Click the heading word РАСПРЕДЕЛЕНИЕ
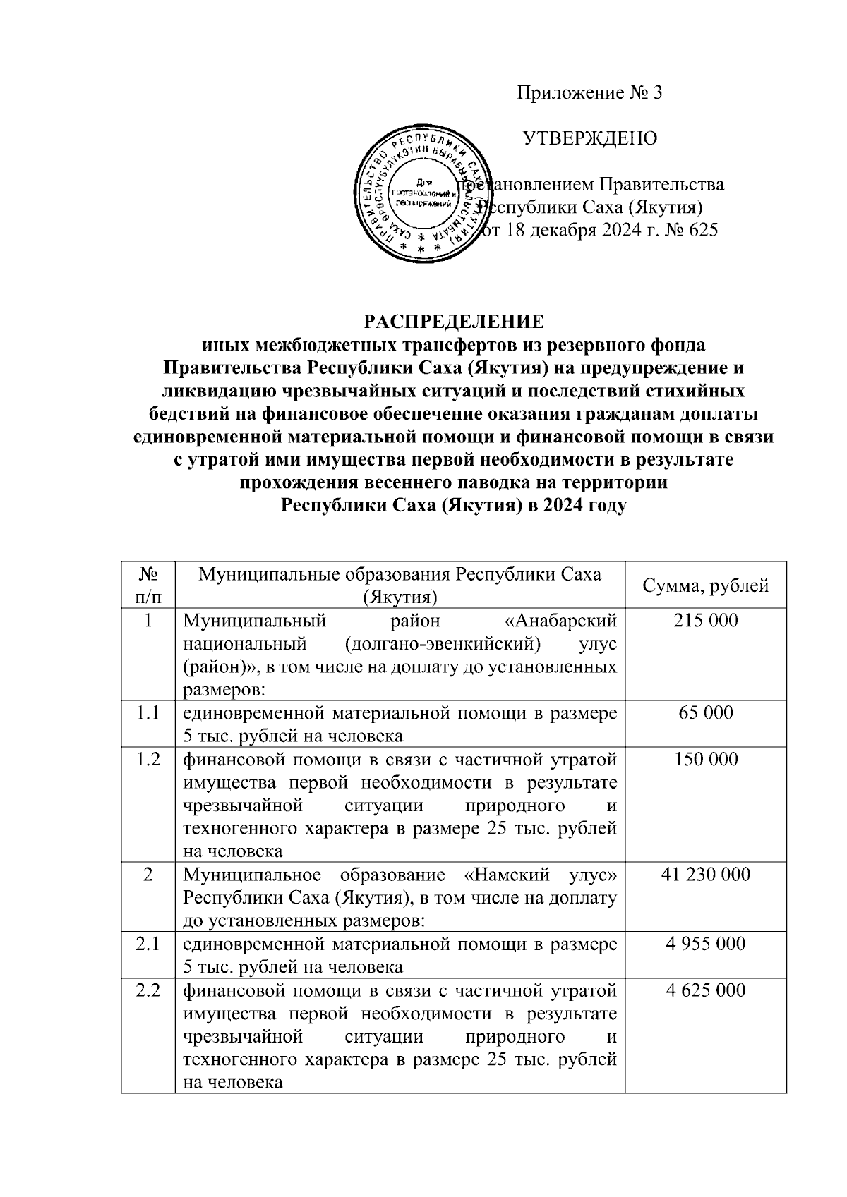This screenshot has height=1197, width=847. (x=454, y=322)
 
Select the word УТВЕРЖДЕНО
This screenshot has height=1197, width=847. (x=589, y=138)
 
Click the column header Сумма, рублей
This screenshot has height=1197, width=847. (x=705, y=585)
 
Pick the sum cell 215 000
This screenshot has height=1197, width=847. (x=705, y=621)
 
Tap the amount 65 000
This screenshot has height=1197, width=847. (x=705, y=712)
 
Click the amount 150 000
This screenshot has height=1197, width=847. (x=705, y=759)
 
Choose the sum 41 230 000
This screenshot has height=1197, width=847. (x=705, y=875)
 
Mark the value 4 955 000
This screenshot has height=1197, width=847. (x=705, y=944)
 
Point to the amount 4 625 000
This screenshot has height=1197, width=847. (x=705, y=990)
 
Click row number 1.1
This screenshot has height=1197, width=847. (x=148, y=712)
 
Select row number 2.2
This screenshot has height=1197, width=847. (x=148, y=990)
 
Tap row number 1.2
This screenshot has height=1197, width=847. (x=148, y=759)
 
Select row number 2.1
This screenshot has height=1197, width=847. (x=148, y=944)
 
